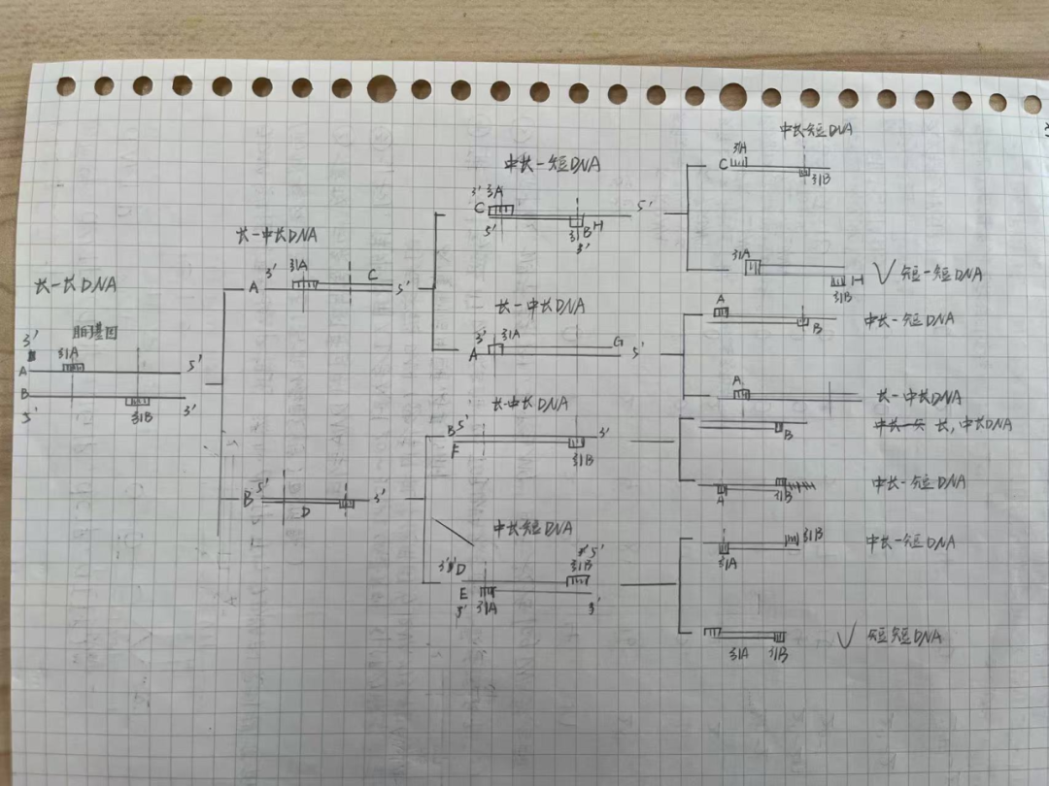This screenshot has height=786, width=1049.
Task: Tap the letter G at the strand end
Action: (x=618, y=342)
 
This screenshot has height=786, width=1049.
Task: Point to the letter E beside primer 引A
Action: (x=464, y=593)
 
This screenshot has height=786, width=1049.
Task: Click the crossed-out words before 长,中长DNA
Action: (x=899, y=424)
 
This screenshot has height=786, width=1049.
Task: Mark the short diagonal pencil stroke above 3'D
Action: (x=453, y=532)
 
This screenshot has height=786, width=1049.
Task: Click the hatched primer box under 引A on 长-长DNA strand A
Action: (x=73, y=367)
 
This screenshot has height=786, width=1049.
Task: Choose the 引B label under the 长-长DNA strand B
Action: (x=140, y=417)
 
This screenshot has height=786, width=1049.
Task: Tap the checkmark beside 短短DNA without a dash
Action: (x=846, y=637)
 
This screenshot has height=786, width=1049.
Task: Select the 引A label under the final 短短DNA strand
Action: (x=738, y=654)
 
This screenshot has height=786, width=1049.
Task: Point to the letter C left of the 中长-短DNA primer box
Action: (x=479, y=208)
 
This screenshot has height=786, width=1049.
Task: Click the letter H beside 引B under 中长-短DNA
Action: (x=598, y=226)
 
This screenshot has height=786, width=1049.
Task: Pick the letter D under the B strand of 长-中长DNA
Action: (x=304, y=512)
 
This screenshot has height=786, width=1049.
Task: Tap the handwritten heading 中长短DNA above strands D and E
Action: (x=531, y=529)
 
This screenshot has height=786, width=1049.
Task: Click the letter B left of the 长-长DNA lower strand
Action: (x=23, y=394)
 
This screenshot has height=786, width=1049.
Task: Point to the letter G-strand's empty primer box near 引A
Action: (x=495, y=348)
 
